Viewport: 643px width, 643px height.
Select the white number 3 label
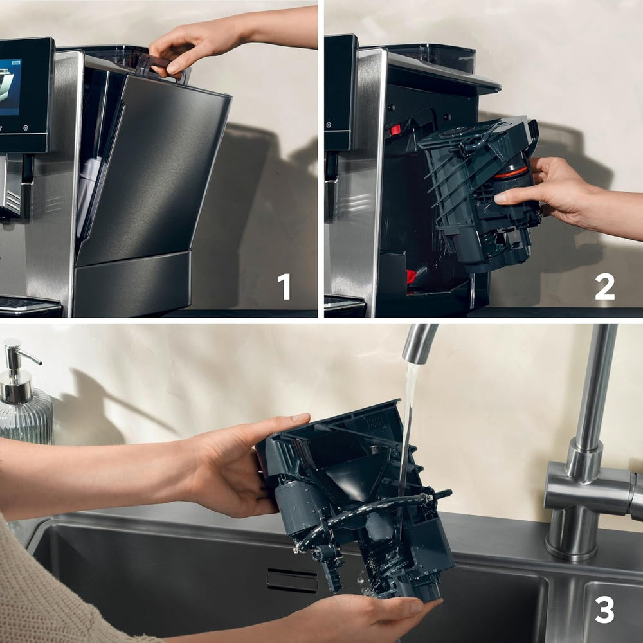604,609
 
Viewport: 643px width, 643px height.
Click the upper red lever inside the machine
394,129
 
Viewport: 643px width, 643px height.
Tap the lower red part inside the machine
411,277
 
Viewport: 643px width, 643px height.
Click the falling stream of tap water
408,424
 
